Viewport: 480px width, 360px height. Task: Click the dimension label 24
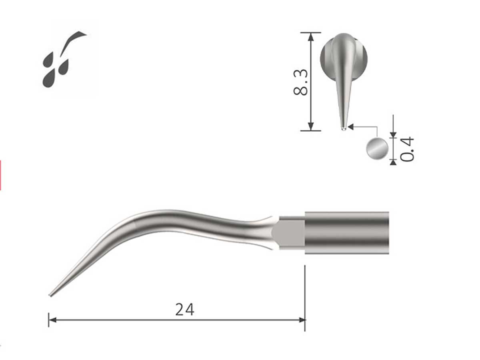[185, 309]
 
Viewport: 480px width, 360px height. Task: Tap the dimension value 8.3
[301, 82]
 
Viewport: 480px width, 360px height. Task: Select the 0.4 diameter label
[408, 149]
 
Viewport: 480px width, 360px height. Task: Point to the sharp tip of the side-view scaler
[50, 295]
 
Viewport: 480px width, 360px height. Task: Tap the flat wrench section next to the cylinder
[290, 232]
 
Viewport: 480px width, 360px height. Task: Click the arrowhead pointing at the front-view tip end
[351, 127]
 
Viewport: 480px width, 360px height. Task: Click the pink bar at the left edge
[0, 175]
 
